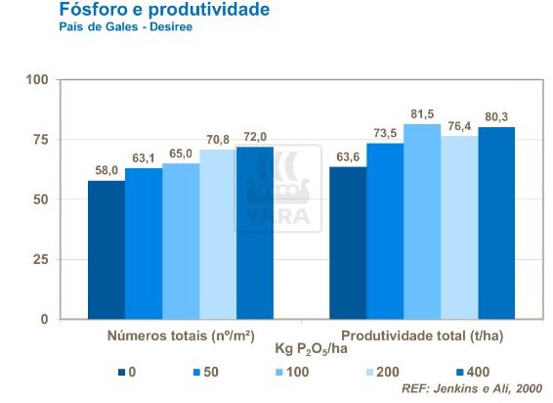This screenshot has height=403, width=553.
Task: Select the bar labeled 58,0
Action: coord(106,249)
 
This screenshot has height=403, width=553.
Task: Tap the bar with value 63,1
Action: coord(143,244)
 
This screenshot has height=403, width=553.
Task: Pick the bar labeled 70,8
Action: coord(217,235)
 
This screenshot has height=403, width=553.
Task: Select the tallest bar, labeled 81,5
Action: coord(421,221)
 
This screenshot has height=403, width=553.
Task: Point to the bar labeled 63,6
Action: coord(347,243)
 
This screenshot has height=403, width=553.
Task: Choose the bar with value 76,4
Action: coord(458,227)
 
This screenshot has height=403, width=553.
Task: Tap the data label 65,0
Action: coord(180,155)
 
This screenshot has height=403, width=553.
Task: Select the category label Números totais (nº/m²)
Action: coord(180,336)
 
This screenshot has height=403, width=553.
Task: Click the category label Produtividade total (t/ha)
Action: coord(421,336)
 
